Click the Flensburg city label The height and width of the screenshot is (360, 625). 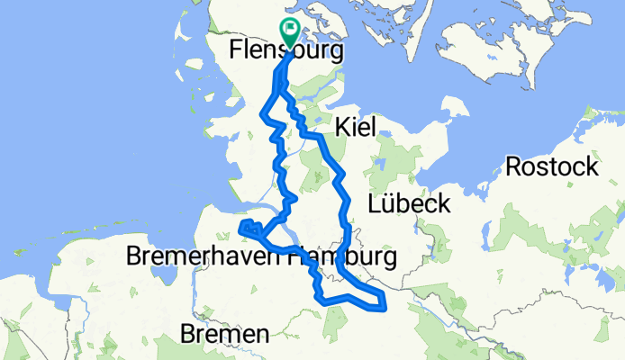286,50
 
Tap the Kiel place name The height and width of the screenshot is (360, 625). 354,129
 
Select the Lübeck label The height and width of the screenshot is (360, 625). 409,204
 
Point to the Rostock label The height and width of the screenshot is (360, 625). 551,166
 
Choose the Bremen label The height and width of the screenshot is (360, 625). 224,335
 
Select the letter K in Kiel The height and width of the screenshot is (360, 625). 341,129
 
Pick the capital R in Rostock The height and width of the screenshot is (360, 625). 514,166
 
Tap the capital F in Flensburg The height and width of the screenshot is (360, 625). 237,50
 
